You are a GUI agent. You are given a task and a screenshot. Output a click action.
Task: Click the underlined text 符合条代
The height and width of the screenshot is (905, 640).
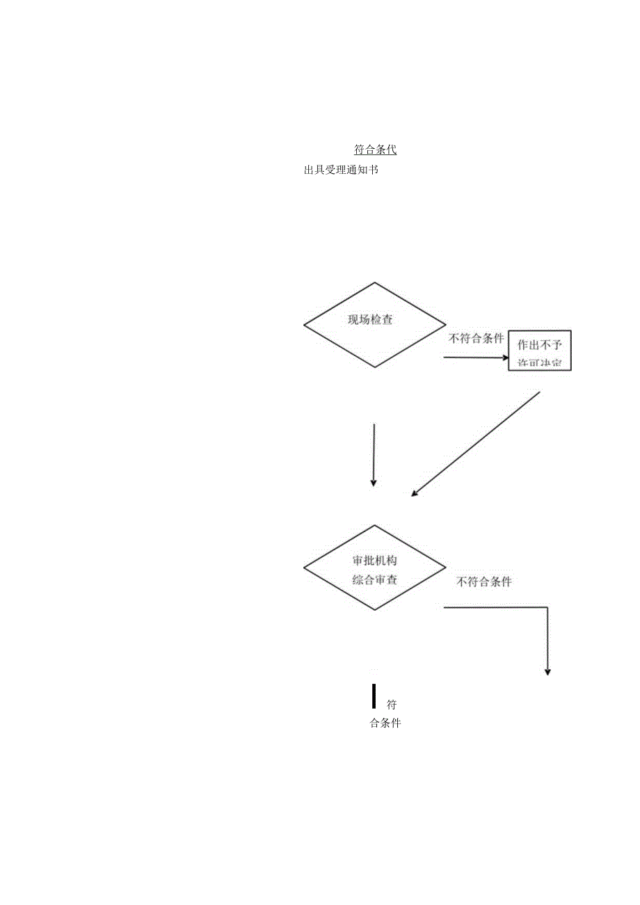[376, 150]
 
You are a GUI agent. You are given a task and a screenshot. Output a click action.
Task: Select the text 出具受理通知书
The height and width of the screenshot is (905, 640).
[341, 170]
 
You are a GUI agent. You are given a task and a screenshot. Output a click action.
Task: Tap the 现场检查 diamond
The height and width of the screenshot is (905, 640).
[375, 324]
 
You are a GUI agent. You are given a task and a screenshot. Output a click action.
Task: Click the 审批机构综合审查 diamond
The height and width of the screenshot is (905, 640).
[375, 568]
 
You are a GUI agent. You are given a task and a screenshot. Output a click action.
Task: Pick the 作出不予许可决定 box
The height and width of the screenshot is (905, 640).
[540, 351]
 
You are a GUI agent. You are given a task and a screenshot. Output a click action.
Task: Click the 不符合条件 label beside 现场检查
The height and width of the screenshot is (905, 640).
[476, 339]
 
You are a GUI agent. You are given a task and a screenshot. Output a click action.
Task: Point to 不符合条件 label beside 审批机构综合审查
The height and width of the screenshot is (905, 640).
[484, 582]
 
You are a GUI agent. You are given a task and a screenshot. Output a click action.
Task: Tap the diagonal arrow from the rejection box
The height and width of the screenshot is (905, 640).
[477, 442]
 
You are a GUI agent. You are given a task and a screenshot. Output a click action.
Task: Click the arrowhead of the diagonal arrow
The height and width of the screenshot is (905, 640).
[415, 493]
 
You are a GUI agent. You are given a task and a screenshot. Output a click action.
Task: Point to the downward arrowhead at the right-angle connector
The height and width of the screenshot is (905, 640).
[547, 671]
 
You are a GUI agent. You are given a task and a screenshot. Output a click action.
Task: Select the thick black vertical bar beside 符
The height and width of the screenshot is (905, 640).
[374, 696]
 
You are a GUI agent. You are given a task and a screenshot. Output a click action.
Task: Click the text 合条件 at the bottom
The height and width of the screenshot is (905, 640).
[385, 723]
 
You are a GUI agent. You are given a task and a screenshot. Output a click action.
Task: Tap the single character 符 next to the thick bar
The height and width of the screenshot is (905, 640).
[392, 704]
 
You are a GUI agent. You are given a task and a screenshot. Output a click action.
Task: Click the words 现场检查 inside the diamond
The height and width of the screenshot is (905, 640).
[370, 320]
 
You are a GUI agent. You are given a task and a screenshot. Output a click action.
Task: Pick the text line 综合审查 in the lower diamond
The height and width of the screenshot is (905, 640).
[375, 579]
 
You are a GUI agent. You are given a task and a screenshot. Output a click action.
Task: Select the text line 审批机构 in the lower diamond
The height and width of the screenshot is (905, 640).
[375, 561]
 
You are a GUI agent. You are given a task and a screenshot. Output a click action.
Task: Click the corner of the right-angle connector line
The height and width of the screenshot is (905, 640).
[547, 607]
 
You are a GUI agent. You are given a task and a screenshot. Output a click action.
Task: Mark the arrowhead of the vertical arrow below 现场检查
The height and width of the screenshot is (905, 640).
[374, 482]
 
